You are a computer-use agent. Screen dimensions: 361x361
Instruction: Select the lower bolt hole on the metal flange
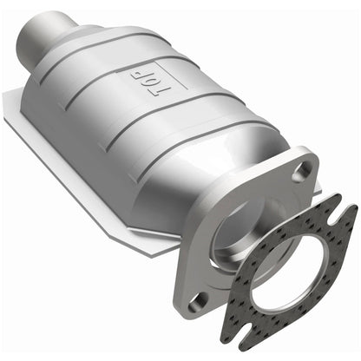pyautogui.click(x=199, y=302)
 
